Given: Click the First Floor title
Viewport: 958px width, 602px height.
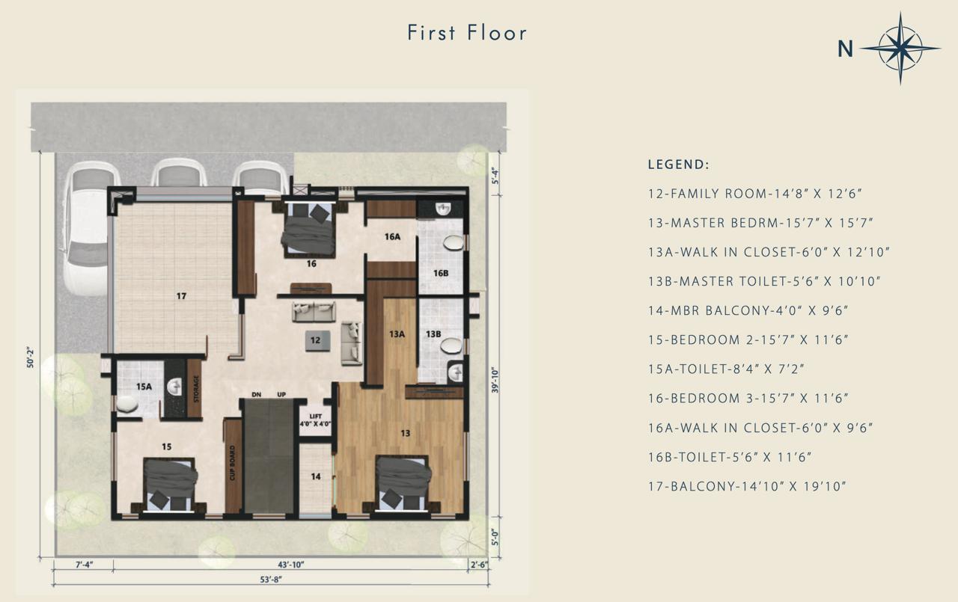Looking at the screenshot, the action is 467,33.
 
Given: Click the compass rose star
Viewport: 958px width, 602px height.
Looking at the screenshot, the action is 900,49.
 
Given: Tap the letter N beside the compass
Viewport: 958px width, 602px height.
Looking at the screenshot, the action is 845,49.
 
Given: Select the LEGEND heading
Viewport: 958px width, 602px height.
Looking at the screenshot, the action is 678,165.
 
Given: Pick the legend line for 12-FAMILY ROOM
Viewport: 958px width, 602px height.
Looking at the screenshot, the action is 755,194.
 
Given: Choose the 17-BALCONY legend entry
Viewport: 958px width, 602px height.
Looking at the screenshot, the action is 747,487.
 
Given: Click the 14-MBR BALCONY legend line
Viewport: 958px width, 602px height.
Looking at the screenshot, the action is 748,310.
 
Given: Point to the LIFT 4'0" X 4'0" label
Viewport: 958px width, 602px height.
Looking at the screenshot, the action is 316,420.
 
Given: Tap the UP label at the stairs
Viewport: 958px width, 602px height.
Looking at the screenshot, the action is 281,394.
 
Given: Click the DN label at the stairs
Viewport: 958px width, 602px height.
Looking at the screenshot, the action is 257,394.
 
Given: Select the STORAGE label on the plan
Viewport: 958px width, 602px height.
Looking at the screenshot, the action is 196,389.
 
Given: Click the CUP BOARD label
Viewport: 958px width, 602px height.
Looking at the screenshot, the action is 233,463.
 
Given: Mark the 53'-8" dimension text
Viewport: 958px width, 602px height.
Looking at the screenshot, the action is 271,580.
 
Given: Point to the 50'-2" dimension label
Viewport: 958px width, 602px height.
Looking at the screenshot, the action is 31,357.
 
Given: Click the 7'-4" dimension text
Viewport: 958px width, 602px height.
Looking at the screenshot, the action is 85,565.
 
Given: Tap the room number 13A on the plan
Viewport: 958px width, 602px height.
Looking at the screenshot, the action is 397,334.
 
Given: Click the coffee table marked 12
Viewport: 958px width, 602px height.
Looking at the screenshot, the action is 317,340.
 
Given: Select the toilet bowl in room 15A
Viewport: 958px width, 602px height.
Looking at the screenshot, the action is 126,404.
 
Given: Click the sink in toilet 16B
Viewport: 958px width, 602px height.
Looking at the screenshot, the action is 443,209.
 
